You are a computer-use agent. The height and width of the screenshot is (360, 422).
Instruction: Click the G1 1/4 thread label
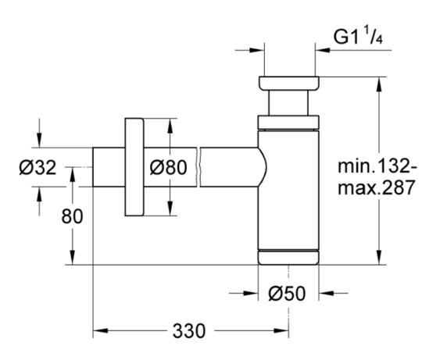coord(358,35)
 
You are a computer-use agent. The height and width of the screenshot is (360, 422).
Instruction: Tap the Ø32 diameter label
coord(38,167)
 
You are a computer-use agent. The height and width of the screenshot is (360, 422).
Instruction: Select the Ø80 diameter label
coord(168,167)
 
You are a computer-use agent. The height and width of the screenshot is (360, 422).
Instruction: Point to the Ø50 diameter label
coord(287,294)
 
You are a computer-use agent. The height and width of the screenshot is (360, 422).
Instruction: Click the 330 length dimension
coord(189,330)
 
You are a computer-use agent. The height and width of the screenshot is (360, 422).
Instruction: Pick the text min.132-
coord(377,166)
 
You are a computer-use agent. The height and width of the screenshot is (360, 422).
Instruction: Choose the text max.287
coord(376,187)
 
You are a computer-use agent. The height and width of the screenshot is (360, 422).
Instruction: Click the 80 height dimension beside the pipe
coord(72,216)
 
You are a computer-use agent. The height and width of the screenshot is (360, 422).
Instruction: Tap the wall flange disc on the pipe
coord(134,167)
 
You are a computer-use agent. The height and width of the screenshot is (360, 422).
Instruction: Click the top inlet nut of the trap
coord(289,84)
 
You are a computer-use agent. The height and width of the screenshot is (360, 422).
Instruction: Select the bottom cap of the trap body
coord(288,257)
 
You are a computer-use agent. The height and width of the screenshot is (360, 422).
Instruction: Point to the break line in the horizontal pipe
coord(199,167)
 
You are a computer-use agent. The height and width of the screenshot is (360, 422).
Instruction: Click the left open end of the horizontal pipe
coord(93,167)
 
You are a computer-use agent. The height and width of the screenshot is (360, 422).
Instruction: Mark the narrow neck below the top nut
coord(288,103)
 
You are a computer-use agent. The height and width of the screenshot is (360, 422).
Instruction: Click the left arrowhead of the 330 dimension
coord(100,330)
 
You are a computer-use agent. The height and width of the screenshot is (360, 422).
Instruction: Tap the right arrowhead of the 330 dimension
coord(281,330)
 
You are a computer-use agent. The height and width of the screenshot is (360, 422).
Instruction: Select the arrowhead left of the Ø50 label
coord(251,293)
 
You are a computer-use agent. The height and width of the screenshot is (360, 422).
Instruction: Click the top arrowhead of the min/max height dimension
coord(379,84)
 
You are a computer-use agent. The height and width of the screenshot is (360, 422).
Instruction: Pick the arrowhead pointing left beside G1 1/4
coord(323,50)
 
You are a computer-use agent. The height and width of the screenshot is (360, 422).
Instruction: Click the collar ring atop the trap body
coord(288,123)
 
